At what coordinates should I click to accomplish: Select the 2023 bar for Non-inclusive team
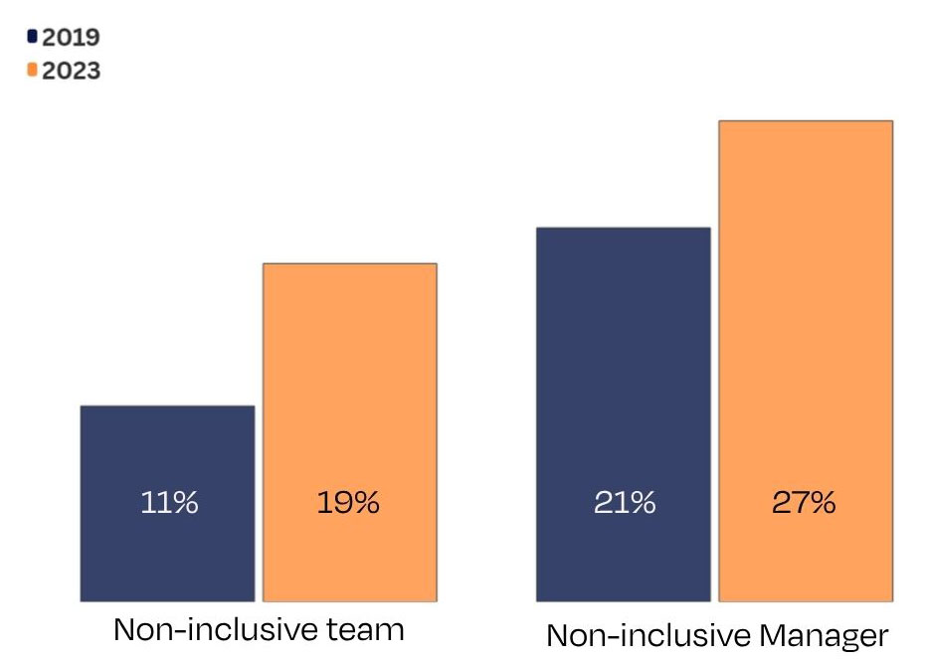tap(349, 398)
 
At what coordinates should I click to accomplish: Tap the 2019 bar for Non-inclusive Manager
tap(624, 378)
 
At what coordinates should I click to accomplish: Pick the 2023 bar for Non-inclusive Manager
tap(806, 328)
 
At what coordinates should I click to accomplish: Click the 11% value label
tap(167, 503)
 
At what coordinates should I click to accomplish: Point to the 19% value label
tap(348, 503)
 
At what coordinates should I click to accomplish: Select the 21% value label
tap(625, 503)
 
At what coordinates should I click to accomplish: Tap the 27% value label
tap(805, 503)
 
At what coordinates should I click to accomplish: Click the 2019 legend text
tap(71, 38)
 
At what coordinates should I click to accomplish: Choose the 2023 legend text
tap(71, 71)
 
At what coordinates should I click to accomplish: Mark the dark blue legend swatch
tap(33, 37)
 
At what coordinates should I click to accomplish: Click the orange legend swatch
tap(33, 70)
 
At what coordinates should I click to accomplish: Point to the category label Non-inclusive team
tap(259, 630)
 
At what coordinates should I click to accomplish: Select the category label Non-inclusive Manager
tap(716, 636)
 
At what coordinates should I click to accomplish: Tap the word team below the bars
tap(367, 630)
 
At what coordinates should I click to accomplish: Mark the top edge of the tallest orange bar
tap(806, 122)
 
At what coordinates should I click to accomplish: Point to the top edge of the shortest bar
tap(167, 407)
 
